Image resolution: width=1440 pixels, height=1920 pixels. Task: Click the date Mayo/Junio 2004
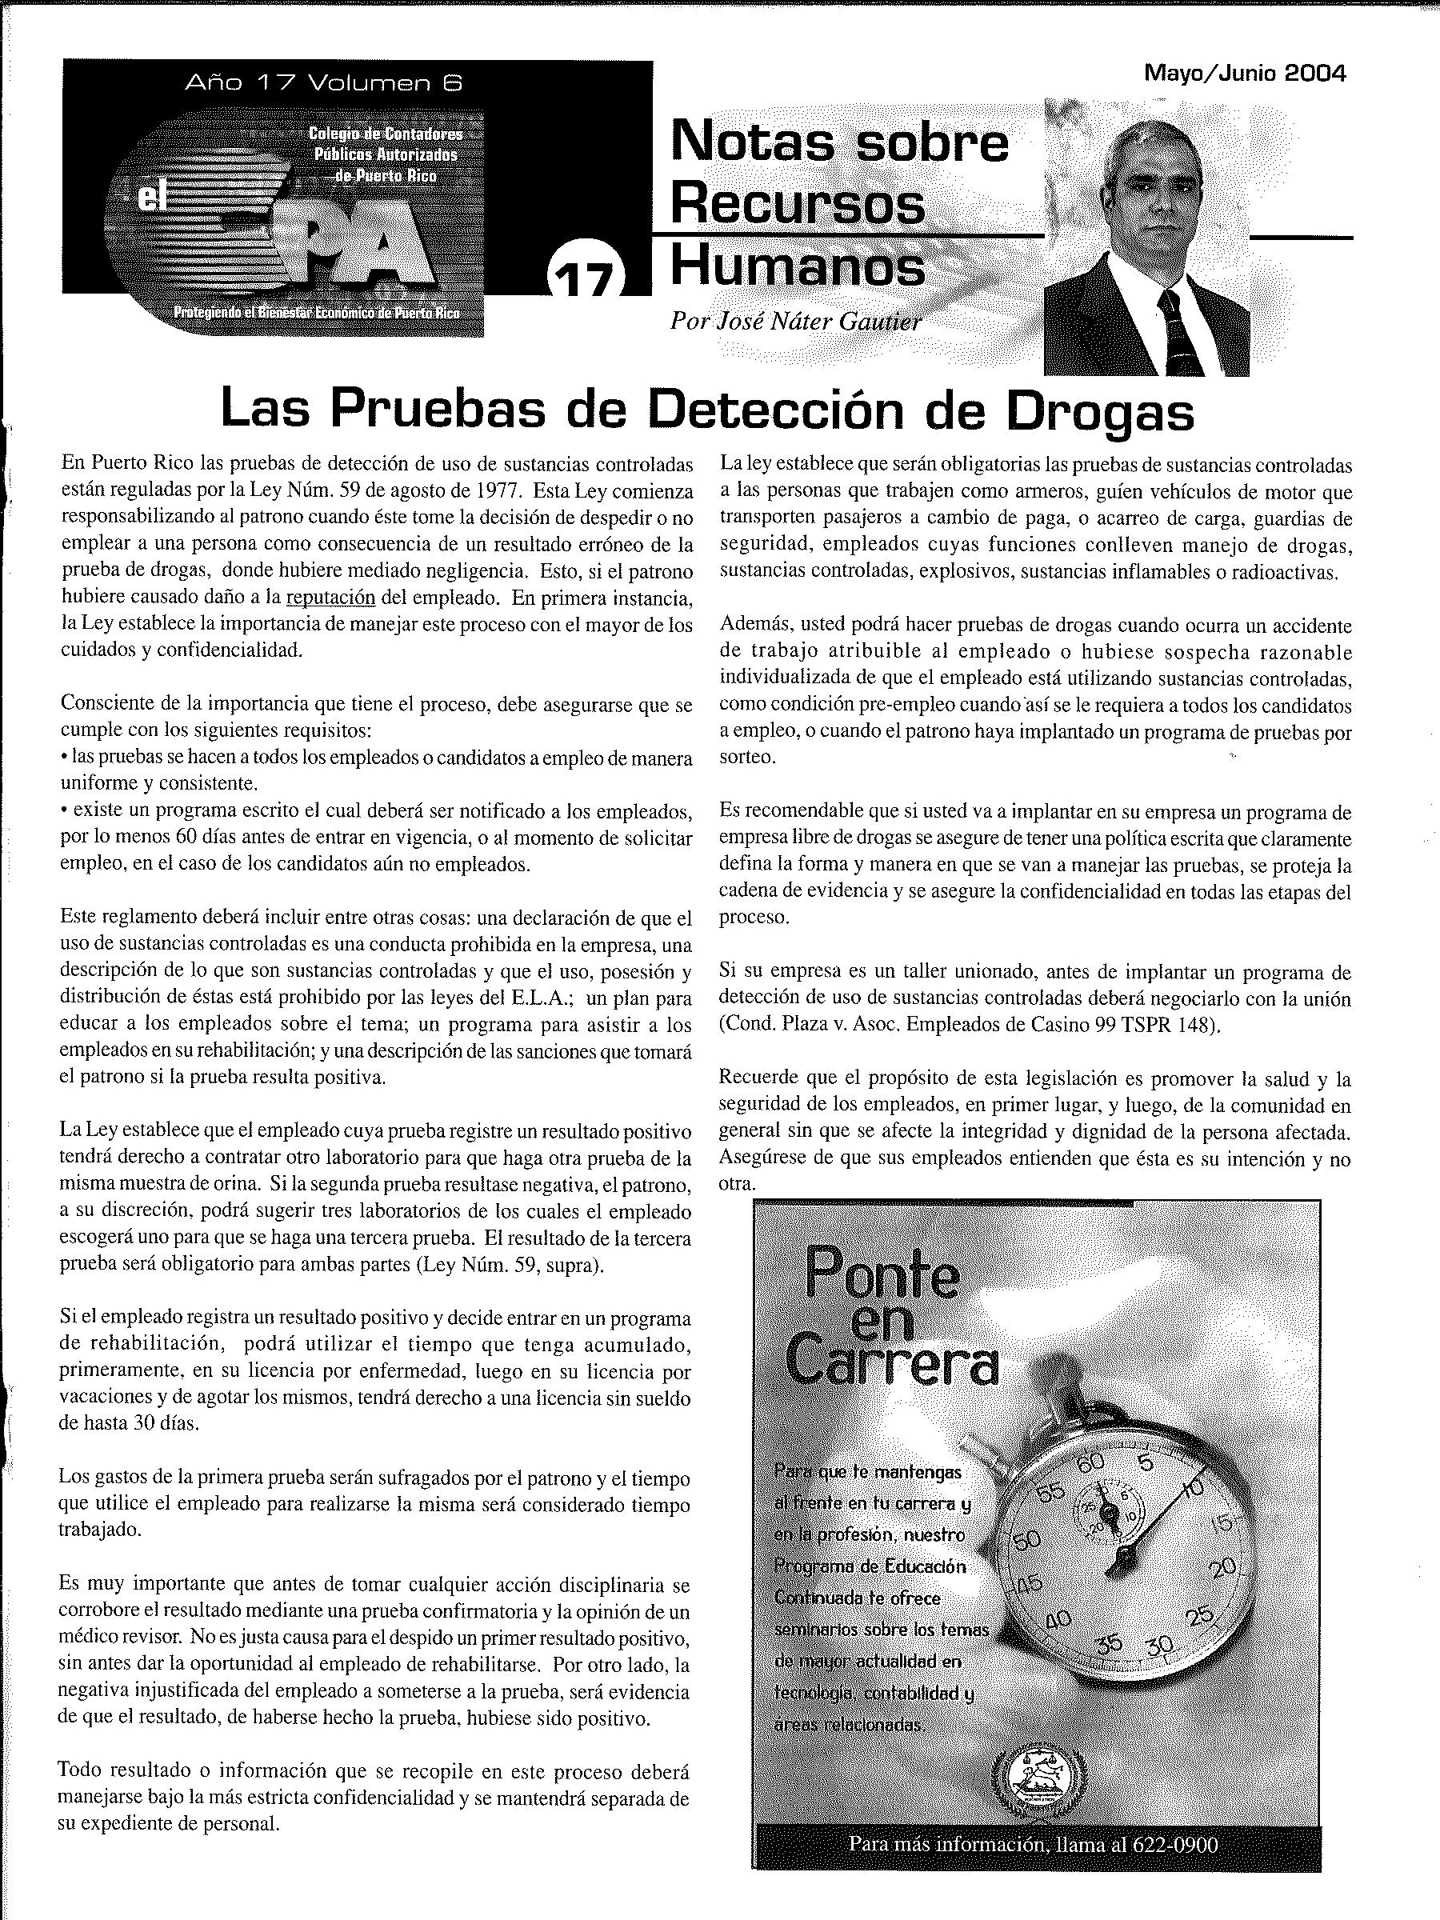point(1245,74)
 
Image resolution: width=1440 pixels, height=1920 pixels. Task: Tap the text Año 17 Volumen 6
point(324,83)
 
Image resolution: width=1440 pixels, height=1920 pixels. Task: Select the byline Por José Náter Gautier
point(795,321)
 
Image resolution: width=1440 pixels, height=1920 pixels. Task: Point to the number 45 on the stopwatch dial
point(1028,1585)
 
